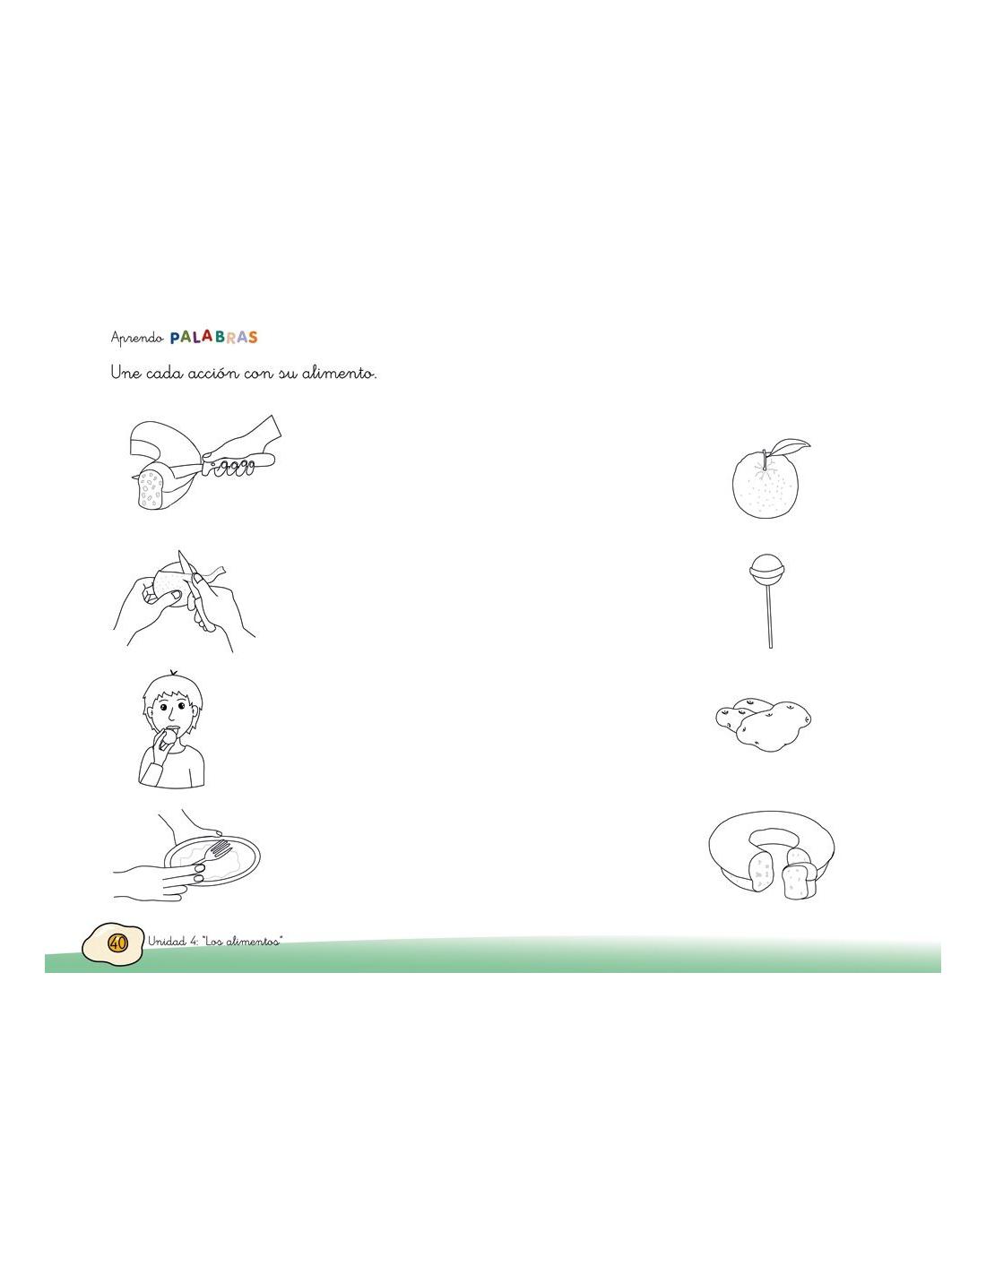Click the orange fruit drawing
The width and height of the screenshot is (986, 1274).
[x=765, y=483]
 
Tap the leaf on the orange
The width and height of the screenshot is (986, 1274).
[x=791, y=447]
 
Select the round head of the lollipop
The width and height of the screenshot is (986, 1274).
[x=765, y=569]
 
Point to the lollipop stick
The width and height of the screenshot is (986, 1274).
[x=768, y=616]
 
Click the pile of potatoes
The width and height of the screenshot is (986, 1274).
[x=763, y=724]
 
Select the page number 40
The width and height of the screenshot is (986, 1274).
[x=117, y=943]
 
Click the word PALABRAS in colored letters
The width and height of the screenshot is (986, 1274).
[x=213, y=337]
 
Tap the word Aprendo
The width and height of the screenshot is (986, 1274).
[x=136, y=338]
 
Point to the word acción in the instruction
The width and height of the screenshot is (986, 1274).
[x=213, y=373]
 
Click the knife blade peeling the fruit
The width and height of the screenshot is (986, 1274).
[x=186, y=572]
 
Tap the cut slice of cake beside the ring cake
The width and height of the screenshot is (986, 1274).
[x=799, y=882]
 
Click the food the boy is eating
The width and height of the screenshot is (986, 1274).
[x=170, y=736]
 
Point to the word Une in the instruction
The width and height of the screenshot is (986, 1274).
[x=125, y=373]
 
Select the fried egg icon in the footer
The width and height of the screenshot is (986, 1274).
[x=113, y=943]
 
